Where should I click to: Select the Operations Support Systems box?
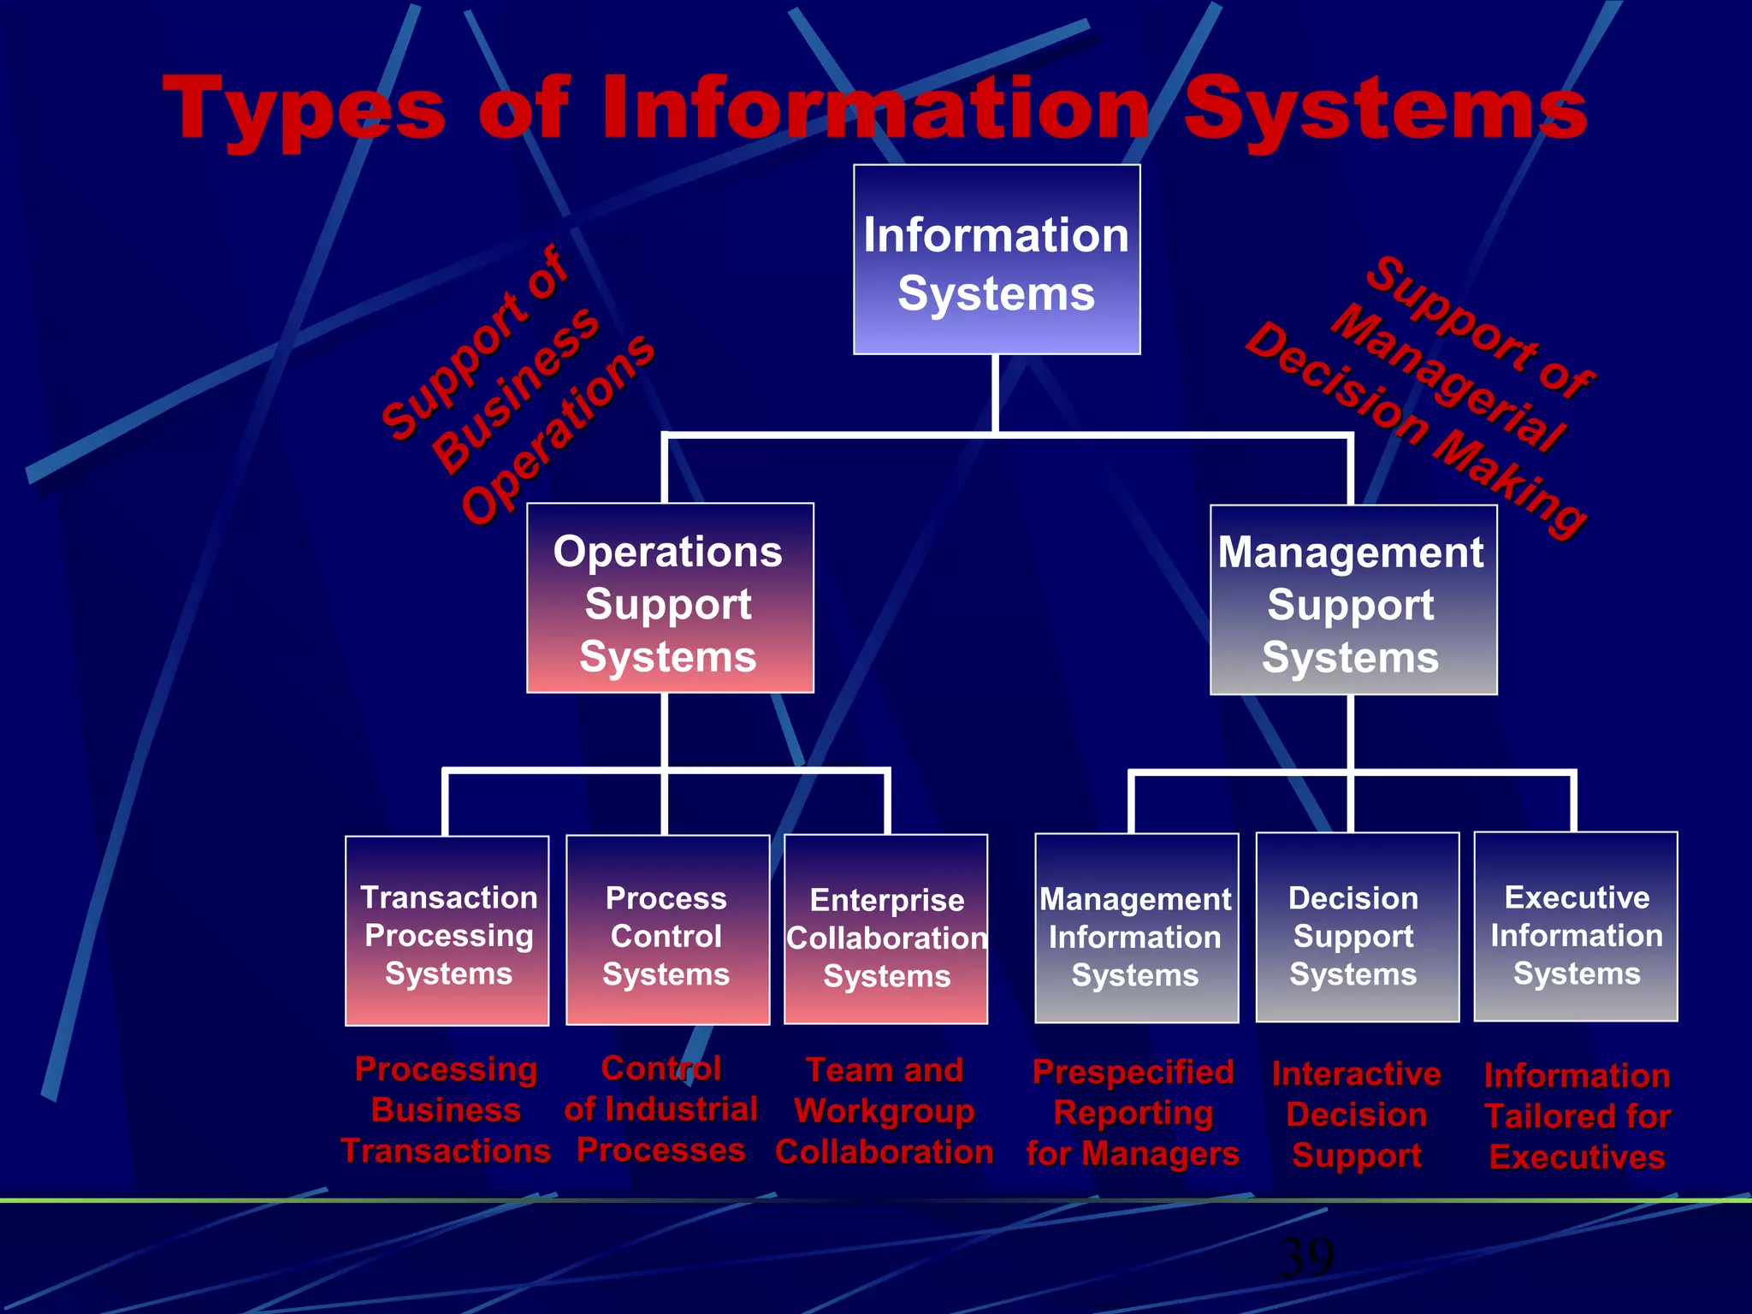pos(670,598)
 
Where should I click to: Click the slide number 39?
pos(1306,1257)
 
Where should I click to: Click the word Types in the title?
pos(304,109)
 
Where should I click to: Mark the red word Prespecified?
pos(1133,1072)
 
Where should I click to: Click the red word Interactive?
pos(1356,1074)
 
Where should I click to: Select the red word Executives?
pos(1577,1157)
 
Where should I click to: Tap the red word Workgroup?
pos(885,1111)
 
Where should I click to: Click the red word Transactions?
pos(446,1151)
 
